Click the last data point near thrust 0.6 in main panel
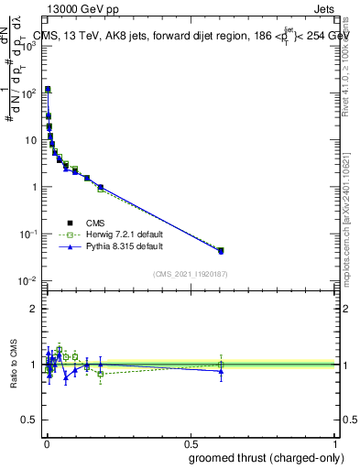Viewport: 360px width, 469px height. (x=221, y=250)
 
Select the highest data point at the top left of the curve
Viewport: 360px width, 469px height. (x=48, y=90)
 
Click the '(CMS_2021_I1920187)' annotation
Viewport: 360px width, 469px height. (x=190, y=273)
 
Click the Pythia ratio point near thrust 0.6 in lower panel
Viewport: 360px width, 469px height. (x=221, y=371)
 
